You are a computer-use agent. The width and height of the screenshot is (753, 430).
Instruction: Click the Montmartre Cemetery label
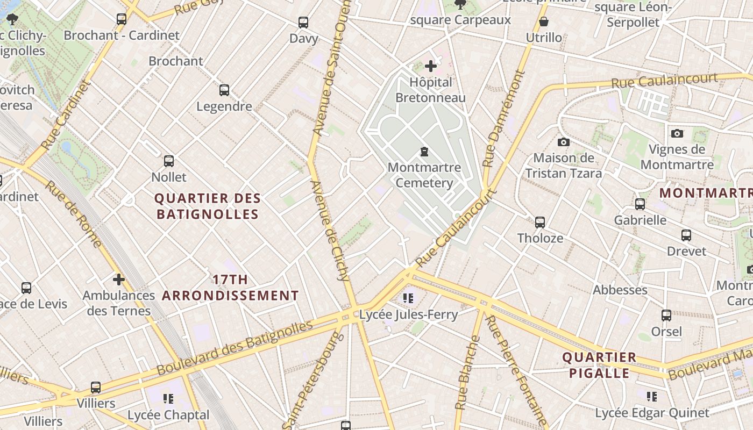pos(424,175)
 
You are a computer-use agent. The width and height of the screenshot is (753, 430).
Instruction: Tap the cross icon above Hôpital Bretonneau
pos(430,66)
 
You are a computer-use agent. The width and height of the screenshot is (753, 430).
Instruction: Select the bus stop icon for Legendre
pos(224,90)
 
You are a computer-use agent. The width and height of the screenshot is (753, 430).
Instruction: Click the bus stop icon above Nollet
pos(169,161)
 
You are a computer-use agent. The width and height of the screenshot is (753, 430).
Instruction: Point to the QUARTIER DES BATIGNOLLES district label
pos(208,206)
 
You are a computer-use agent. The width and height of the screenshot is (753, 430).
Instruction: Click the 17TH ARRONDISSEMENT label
pos(230,288)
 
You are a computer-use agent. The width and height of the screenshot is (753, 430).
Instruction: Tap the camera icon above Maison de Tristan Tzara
pos(563,142)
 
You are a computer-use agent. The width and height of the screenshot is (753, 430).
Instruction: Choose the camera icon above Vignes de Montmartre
pos(677,133)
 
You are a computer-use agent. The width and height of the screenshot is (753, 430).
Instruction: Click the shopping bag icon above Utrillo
pos(544,22)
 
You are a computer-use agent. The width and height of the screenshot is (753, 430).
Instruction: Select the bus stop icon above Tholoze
pos(539,222)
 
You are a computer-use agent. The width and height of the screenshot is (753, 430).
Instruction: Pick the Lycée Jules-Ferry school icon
pos(408,298)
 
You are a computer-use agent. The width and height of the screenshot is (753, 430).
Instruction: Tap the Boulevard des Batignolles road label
pos(235,348)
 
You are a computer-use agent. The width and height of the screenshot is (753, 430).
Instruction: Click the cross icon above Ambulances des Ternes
pos(119,279)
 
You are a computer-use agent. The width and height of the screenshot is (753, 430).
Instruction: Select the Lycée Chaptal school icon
pos(168,399)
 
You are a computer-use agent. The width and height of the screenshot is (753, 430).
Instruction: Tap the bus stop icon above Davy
pos(303,23)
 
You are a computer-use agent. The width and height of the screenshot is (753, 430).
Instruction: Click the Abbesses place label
pos(620,290)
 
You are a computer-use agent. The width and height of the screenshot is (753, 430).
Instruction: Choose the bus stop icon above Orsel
pos(666,316)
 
